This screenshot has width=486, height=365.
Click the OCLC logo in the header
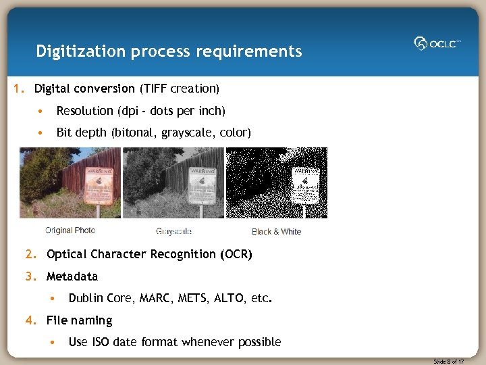coord(437,43)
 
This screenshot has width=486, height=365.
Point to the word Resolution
coord(84,111)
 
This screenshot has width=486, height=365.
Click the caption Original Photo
coord(70,231)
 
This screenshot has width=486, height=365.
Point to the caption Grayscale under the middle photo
coord(173,232)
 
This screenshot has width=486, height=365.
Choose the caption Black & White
coord(276,232)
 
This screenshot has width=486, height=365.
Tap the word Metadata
coord(72,276)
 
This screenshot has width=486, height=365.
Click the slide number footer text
coord(448,362)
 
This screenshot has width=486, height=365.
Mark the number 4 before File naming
coord(29,320)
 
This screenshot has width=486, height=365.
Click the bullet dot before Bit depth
coord(42,133)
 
